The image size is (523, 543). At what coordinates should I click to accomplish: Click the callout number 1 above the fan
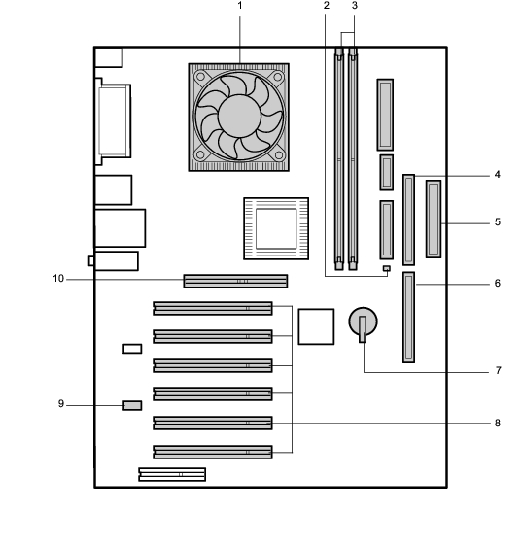240,6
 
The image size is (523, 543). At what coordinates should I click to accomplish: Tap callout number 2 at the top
326,6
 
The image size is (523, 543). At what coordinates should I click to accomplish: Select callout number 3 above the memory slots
354,6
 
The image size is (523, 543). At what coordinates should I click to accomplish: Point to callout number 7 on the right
499,370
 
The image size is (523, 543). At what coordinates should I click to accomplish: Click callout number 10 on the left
58,279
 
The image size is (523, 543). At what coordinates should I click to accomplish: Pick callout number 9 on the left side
61,404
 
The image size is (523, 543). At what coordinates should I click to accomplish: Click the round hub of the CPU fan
239,116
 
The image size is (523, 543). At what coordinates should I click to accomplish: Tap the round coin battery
363,322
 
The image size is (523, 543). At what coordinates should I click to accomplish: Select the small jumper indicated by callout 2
387,268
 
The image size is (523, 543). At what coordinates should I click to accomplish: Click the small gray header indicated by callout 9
132,405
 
